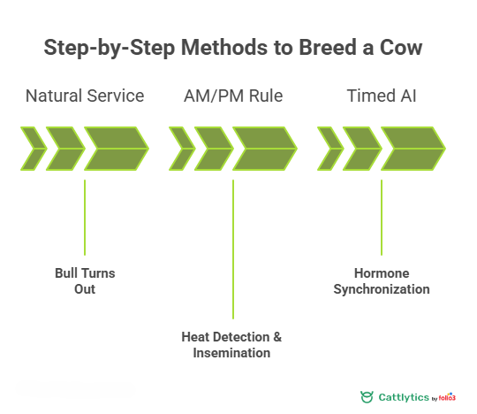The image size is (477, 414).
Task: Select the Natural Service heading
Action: [85, 96]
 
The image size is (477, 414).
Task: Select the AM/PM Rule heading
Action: [233, 96]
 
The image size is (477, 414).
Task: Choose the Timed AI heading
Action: [382, 96]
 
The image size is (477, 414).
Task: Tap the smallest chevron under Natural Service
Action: [33, 148]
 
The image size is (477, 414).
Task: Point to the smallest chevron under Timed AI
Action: [329, 148]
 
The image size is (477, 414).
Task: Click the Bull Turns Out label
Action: [85, 281]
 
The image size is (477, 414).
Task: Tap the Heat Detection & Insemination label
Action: [233, 345]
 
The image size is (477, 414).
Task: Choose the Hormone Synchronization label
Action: [382, 281]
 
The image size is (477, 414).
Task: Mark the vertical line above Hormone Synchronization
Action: [382, 218]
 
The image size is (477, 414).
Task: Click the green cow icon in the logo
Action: [367, 397]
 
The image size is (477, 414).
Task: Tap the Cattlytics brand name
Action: [405, 397]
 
